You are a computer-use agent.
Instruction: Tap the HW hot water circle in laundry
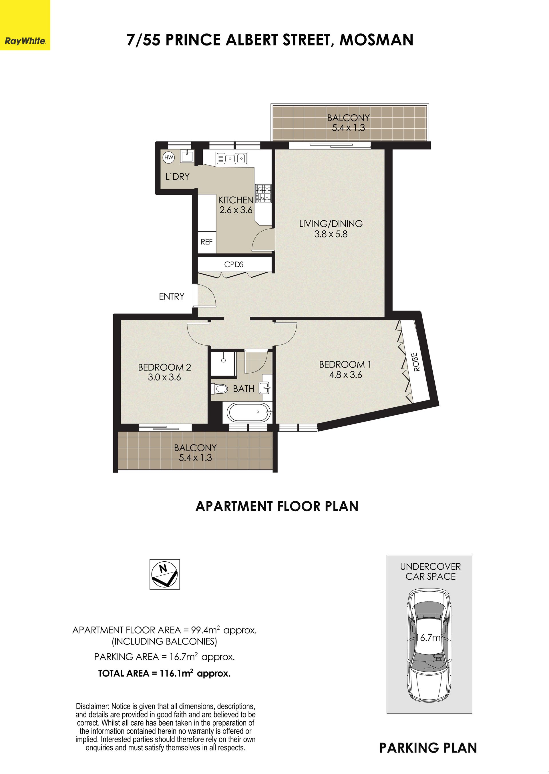(x=168, y=157)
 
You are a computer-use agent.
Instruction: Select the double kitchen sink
(x=232, y=158)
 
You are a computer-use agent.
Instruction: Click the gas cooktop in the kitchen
(x=263, y=193)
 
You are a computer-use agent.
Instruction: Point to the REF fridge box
(x=206, y=242)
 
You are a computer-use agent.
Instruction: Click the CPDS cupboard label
(x=234, y=264)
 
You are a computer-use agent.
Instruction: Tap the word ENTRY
(x=172, y=296)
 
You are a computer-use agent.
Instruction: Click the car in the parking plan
(x=429, y=646)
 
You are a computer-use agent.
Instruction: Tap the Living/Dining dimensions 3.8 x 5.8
(x=331, y=234)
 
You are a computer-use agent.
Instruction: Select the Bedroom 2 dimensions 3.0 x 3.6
(x=164, y=377)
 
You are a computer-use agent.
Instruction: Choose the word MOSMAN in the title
(x=376, y=40)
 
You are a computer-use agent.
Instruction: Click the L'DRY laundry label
(x=177, y=176)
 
